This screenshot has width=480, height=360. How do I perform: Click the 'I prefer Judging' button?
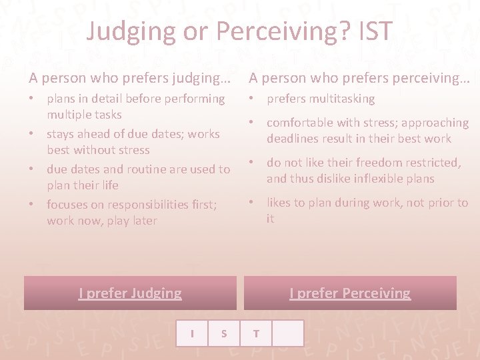[x=130, y=293]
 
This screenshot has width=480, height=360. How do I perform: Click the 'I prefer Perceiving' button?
[x=350, y=293]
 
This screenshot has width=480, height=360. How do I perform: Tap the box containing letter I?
[x=192, y=333]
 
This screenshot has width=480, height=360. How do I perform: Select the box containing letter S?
[x=224, y=333]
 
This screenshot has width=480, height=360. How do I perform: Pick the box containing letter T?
[x=256, y=333]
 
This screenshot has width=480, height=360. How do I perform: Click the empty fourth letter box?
[x=288, y=333]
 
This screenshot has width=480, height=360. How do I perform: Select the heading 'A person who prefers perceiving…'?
[x=359, y=78]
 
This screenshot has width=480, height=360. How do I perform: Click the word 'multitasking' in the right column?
[x=344, y=99]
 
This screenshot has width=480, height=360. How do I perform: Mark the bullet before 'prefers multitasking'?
[x=253, y=99]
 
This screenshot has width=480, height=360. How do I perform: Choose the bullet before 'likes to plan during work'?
[x=253, y=203]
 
